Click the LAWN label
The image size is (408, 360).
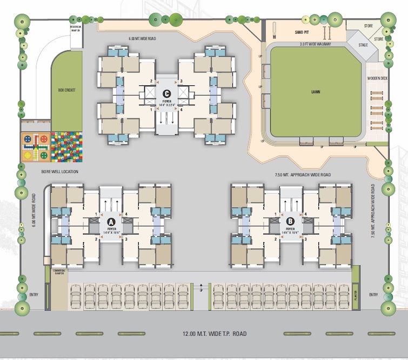coord(316,92)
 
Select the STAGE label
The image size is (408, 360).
coord(363,45)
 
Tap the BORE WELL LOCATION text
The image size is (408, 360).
coord(60,172)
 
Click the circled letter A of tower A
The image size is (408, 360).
coord(111,222)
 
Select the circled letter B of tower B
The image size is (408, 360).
coord(290,221)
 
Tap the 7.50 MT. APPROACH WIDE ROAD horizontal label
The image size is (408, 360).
coord(303,175)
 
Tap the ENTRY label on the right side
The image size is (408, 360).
coord(373,295)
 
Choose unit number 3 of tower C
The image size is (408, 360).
coord(181,82)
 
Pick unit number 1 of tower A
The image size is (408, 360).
coord(96,215)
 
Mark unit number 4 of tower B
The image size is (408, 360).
coord(305,215)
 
